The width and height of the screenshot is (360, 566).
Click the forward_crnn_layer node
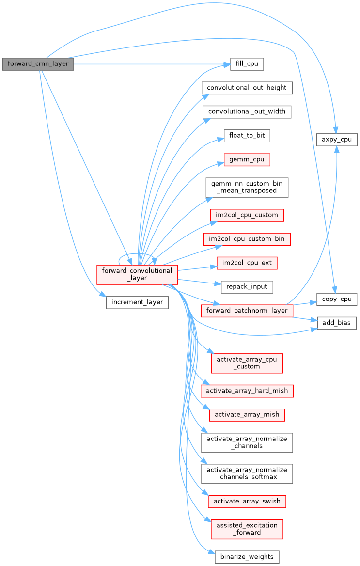pyautogui.click(x=38, y=64)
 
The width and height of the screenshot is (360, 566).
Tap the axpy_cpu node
pyautogui.click(x=337, y=140)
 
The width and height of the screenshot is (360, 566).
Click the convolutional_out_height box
pyautogui.click(x=247, y=88)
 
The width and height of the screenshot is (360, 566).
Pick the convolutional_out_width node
pyautogui.click(x=247, y=111)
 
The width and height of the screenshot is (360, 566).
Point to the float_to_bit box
pyautogui.click(x=247, y=135)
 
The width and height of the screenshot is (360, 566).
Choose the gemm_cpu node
pyautogui.click(x=247, y=159)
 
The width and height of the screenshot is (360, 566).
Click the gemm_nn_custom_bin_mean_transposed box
pyautogui.click(x=247, y=187)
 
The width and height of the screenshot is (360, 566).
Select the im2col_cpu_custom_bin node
pyautogui.click(x=247, y=238)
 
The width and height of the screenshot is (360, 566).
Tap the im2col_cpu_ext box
pyautogui.click(x=247, y=263)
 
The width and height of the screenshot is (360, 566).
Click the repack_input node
pyautogui.click(x=247, y=286)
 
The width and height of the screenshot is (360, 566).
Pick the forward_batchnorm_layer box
pyautogui.click(x=247, y=311)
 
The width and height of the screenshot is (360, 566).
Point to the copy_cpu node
pyautogui.click(x=337, y=299)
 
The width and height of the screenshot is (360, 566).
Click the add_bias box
pyautogui.click(x=337, y=323)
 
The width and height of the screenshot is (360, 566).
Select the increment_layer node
pyautogui.click(x=137, y=302)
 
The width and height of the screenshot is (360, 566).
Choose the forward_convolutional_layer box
pyautogui.click(x=137, y=274)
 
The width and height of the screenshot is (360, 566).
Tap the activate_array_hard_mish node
pyautogui.click(x=247, y=391)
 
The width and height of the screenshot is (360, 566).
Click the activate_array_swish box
pyautogui.click(x=247, y=501)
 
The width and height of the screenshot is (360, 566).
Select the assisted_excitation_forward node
pyautogui.click(x=247, y=529)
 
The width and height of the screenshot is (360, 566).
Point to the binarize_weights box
pyautogui.click(x=247, y=556)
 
